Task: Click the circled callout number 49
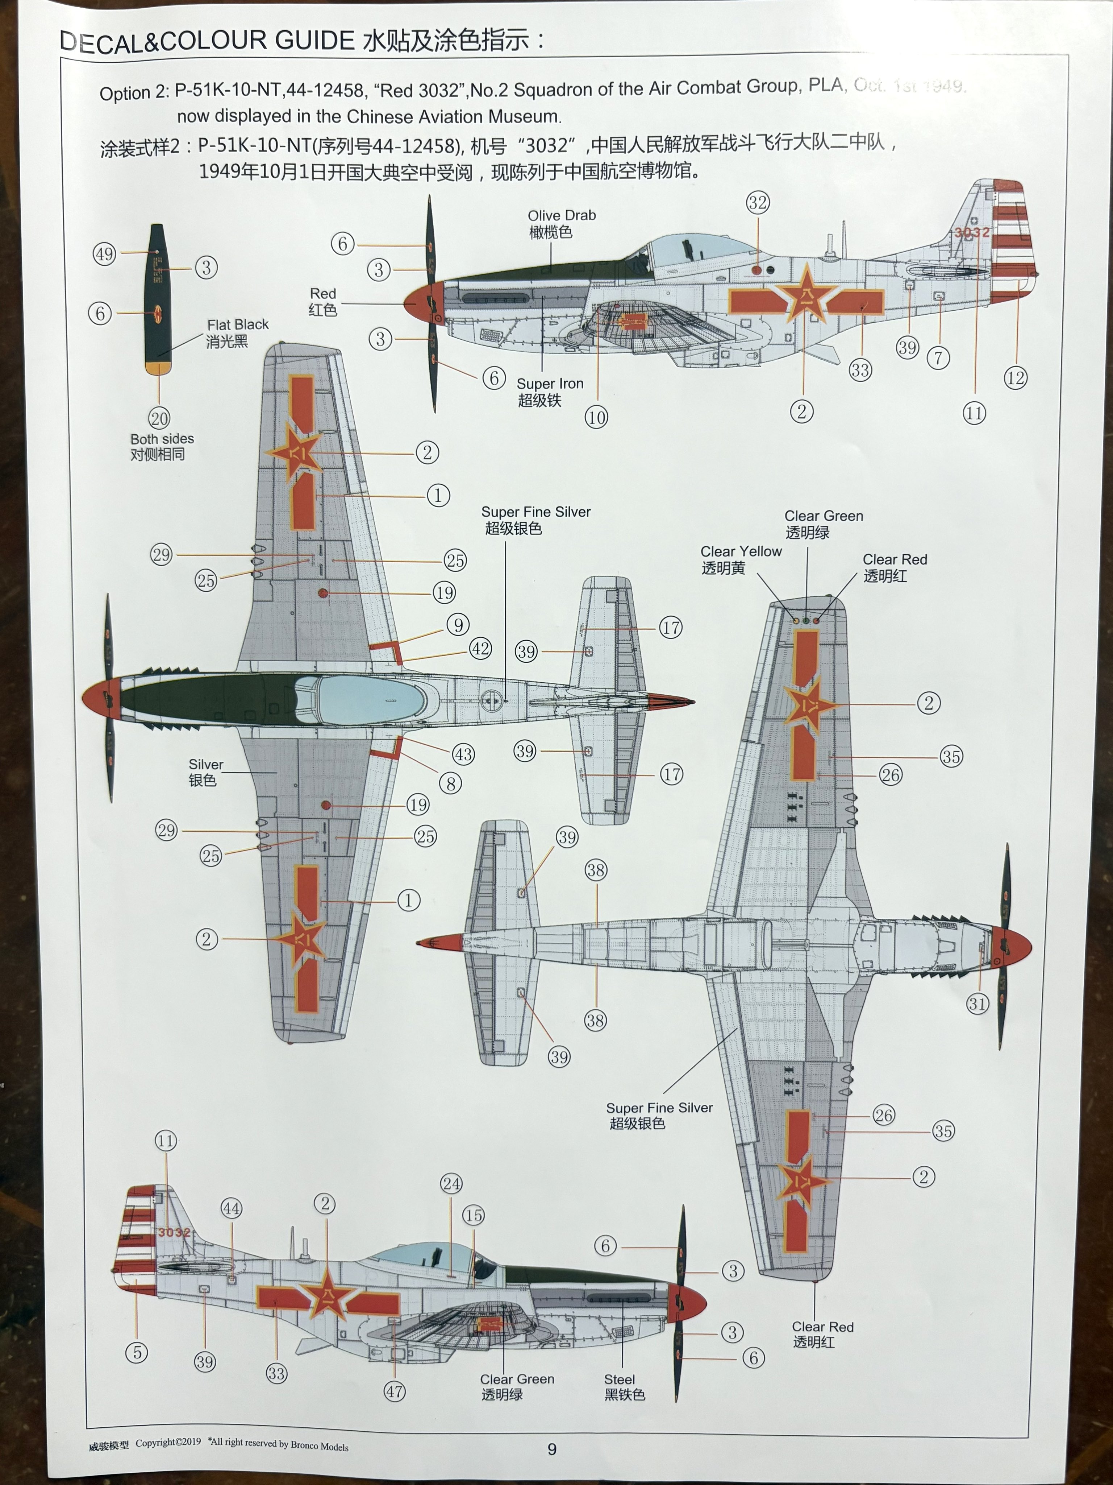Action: [104, 255]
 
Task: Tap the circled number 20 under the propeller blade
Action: [159, 418]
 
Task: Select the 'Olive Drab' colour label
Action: [562, 215]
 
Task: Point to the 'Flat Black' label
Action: [238, 324]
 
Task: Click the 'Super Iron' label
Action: [550, 383]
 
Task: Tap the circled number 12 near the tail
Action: [1015, 378]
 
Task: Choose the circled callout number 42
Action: [480, 649]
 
